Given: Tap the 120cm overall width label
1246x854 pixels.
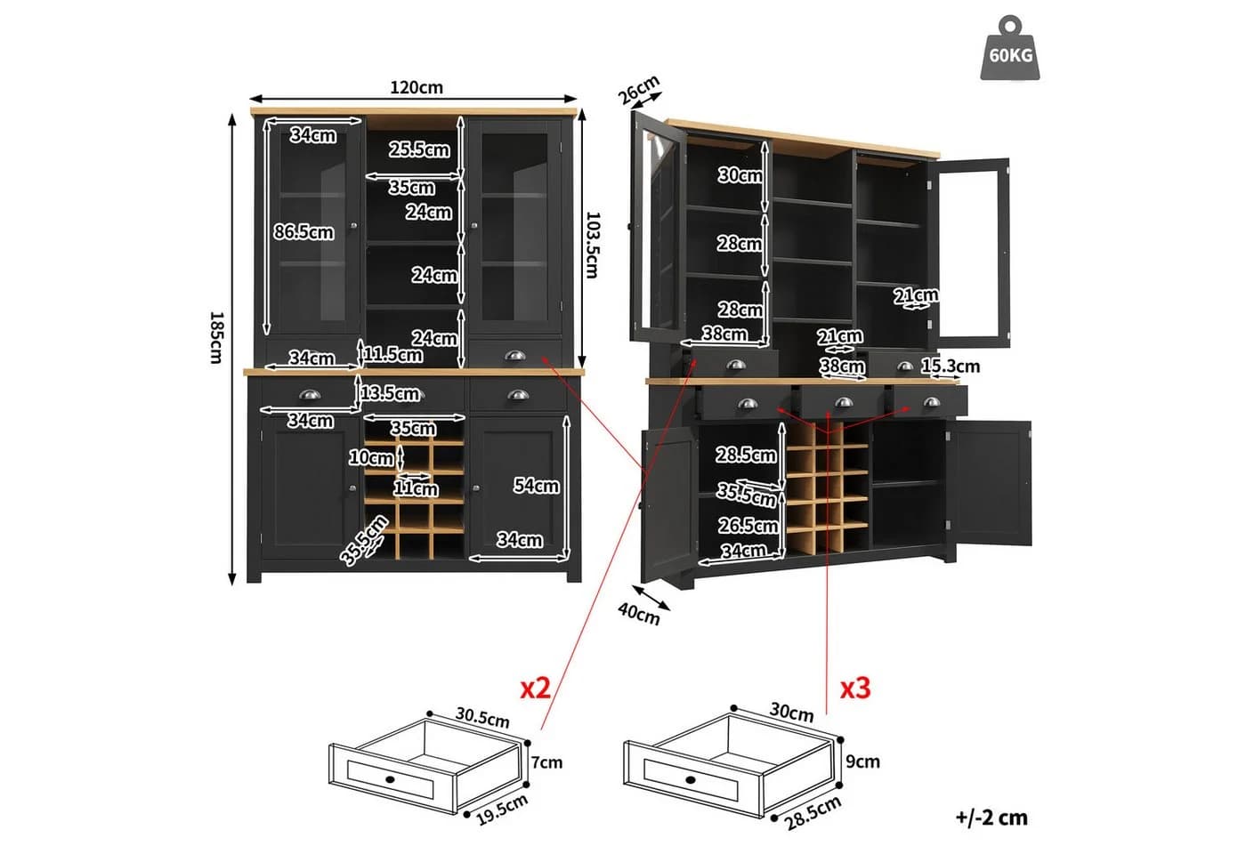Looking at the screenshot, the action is coord(417,87).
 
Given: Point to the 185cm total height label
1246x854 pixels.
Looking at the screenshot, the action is coord(216,337).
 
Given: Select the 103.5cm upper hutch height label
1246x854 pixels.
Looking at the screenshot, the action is coord(593,245).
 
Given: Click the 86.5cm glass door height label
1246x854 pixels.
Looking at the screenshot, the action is coord(303,232).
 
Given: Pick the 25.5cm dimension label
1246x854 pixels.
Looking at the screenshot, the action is coord(419,149).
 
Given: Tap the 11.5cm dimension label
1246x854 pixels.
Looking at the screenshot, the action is coord(392,354).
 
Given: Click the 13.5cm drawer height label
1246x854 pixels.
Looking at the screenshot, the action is coord(390,393).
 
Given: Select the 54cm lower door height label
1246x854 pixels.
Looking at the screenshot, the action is coord(536,486).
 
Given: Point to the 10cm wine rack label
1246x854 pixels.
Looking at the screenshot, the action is coord(371,457).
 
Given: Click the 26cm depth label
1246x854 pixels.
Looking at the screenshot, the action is coord(639,90).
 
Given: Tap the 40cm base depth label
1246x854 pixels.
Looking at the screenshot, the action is coord(639,614).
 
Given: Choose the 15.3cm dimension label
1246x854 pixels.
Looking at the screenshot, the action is coord(951,366).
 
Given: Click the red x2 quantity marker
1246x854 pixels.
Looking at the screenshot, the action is coord(535,689).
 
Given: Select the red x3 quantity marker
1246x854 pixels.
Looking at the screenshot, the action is coord(855,689).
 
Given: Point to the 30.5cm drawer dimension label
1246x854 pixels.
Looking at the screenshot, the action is coord(482,717).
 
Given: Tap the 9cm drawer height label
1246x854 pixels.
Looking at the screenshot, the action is coord(862,761).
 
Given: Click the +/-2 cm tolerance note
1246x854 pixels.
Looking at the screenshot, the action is coord(991,818).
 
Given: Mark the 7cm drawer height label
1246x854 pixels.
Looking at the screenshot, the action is coord(546,761).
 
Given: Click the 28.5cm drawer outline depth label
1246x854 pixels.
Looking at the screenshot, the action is coord(813,813).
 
